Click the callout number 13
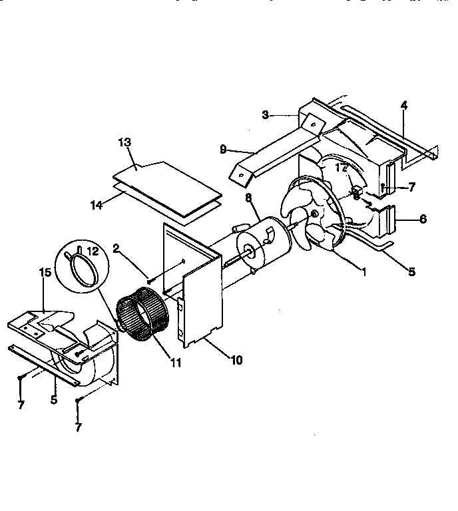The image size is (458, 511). click(x=124, y=142)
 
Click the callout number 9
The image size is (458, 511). click(x=223, y=149)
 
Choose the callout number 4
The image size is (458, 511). click(x=403, y=104)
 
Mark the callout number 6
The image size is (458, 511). click(x=423, y=219)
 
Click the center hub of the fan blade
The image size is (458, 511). click(x=314, y=215)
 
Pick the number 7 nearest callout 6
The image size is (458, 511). click(x=412, y=188)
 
